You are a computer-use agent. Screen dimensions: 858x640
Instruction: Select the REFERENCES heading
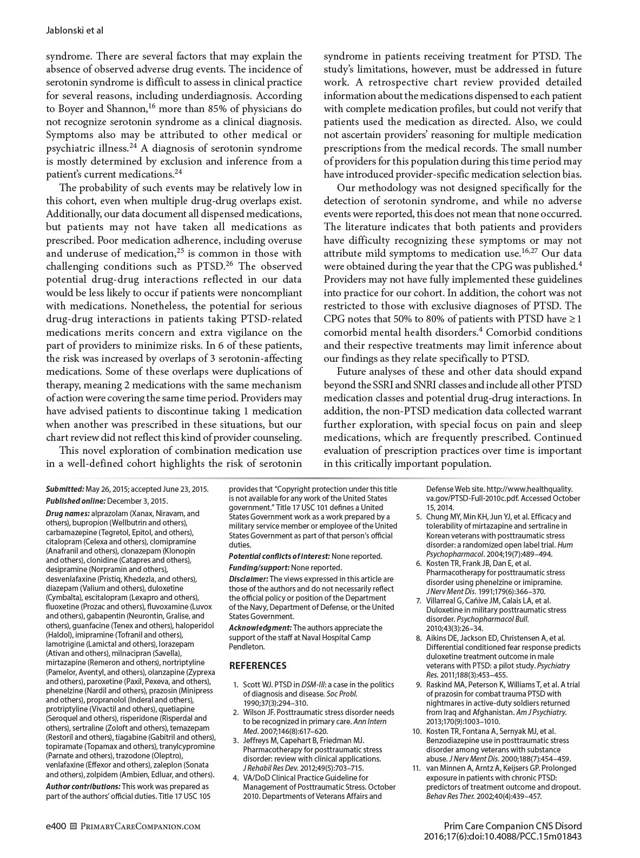click(x=258, y=666)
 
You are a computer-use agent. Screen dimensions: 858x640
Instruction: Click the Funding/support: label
click(x=259, y=568)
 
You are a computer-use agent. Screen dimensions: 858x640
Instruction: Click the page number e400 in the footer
click(x=56, y=827)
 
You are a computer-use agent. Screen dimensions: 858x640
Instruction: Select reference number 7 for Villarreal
click(x=418, y=600)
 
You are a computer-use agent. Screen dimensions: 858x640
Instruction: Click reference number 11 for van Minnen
click(x=417, y=768)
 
